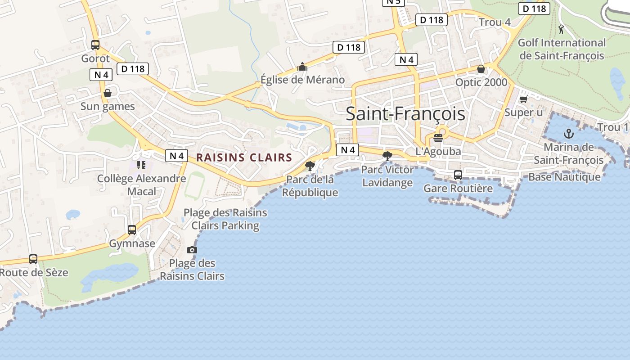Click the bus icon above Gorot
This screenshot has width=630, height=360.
pyautogui.click(x=95, y=45)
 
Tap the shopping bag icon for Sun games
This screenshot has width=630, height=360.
pyautogui.click(x=108, y=93)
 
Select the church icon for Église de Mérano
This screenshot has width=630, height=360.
pyautogui.click(x=302, y=67)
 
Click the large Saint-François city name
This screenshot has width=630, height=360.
pyautogui.click(x=405, y=114)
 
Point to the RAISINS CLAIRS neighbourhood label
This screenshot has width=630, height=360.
pyautogui.click(x=244, y=157)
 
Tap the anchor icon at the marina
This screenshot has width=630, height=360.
pyautogui.click(x=569, y=134)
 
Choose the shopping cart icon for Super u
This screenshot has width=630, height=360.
pyautogui.click(x=523, y=99)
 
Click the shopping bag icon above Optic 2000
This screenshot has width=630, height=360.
pyautogui.click(x=481, y=69)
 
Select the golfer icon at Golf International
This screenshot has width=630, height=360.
pyautogui.click(x=561, y=30)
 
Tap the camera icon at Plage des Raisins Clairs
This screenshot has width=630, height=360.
pyautogui.click(x=192, y=250)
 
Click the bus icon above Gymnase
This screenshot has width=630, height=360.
pyautogui.click(x=132, y=230)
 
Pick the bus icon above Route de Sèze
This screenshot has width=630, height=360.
pyautogui.click(x=33, y=259)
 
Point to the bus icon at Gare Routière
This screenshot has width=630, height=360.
pyautogui.click(x=458, y=175)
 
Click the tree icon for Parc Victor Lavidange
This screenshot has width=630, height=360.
pyautogui.click(x=387, y=156)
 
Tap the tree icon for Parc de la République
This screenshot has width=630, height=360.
pyautogui.click(x=310, y=166)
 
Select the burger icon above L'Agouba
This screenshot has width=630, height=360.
pyautogui.click(x=438, y=138)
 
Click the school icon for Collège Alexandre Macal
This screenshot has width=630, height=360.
pyautogui.click(x=141, y=165)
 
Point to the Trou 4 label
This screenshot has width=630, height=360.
pyautogui.click(x=495, y=22)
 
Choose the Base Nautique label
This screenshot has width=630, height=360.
pyautogui.click(x=564, y=177)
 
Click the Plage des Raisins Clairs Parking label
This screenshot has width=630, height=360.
pyautogui.click(x=225, y=219)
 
